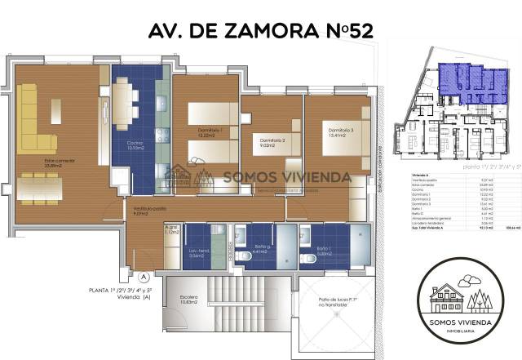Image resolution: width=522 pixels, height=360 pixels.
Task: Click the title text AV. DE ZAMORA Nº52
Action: (x=260, y=32)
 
